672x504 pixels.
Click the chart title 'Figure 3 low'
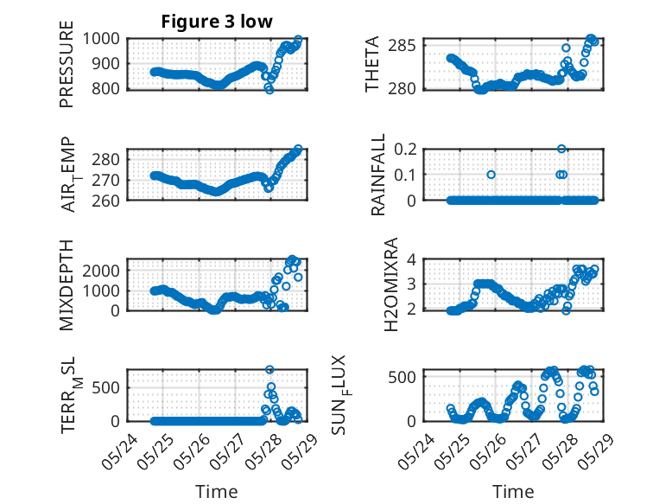pos(217,22)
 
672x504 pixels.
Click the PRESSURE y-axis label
pos(67,64)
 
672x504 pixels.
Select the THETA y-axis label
pos(372,64)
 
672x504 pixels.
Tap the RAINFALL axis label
pos(378,174)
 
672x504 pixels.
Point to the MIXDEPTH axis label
pos(67,285)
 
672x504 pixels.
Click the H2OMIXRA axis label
pos(391,284)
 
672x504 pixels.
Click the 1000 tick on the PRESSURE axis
pos(101,39)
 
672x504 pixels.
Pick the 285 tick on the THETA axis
pos(402,45)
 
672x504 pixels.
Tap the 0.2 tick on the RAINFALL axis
pos(405,150)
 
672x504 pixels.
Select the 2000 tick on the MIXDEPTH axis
pos(101,271)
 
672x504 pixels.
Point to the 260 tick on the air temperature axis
pos(105,201)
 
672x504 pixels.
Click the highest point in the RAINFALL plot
pos(561,149)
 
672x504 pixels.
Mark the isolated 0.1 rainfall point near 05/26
pos(491,175)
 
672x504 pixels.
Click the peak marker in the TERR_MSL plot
pos(269,369)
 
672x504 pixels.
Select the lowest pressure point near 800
pos(269,90)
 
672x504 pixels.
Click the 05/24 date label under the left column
pos(119,451)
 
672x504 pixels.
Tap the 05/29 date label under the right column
pos(596,451)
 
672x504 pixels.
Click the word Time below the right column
pos(513,492)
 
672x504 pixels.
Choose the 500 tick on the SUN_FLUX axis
pos(402,377)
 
